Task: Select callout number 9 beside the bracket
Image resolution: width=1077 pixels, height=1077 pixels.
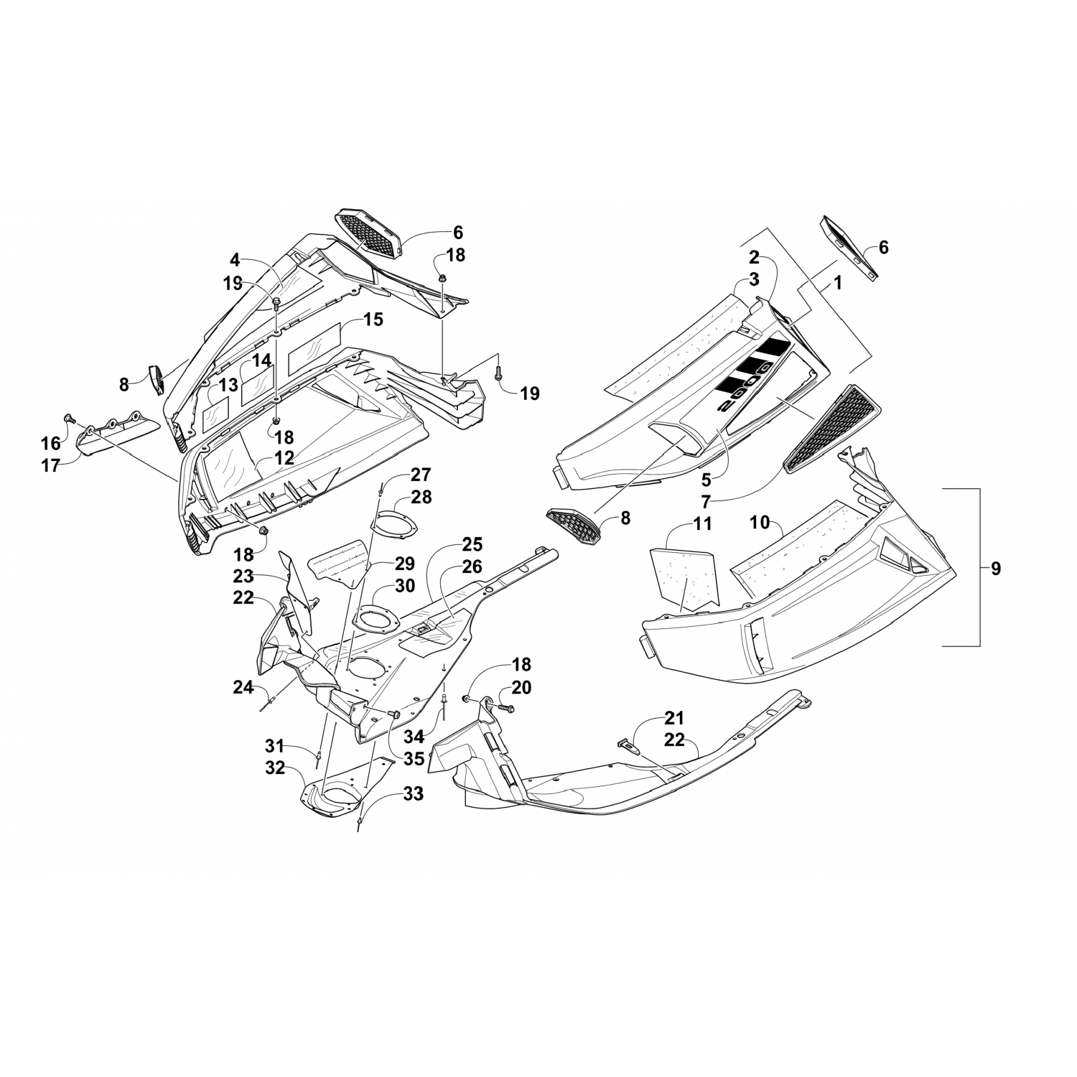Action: coord(994,569)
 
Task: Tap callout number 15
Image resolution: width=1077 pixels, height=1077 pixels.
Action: coord(373,319)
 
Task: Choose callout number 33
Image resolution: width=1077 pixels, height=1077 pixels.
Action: coord(413,794)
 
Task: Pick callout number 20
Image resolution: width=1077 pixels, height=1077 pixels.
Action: coord(522,688)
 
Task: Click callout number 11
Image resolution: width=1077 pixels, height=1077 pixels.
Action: coord(702,524)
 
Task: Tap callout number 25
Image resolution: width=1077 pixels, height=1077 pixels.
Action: coord(472,544)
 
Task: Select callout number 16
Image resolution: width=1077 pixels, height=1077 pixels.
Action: coord(51,444)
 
